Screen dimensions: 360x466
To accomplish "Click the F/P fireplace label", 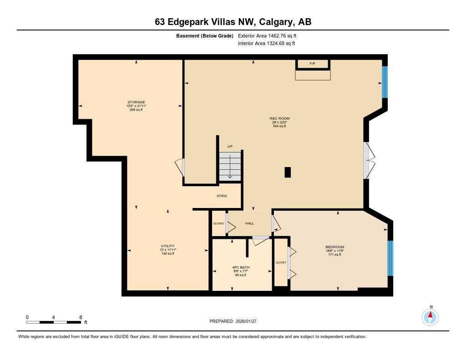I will click(x=313, y=64).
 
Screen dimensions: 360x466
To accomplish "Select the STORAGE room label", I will click(x=136, y=102).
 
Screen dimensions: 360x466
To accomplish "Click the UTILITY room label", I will click(x=168, y=246).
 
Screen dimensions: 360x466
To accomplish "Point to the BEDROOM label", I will click(x=334, y=247).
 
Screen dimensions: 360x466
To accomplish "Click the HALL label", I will click(x=249, y=223).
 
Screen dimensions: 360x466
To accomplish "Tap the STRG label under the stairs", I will click(x=222, y=196).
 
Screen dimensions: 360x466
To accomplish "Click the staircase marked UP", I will click(x=230, y=166).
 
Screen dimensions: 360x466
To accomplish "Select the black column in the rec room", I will click(x=287, y=172).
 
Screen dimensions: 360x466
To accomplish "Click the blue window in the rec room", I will click(x=385, y=82).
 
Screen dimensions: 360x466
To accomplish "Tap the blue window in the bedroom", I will click(x=390, y=258).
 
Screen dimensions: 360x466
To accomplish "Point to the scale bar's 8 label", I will click(x=81, y=317).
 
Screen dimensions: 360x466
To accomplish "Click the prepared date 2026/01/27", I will click(x=249, y=321).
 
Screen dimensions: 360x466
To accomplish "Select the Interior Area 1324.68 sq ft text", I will click(x=266, y=44).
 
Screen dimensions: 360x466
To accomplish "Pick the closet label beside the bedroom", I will click(x=281, y=263).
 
